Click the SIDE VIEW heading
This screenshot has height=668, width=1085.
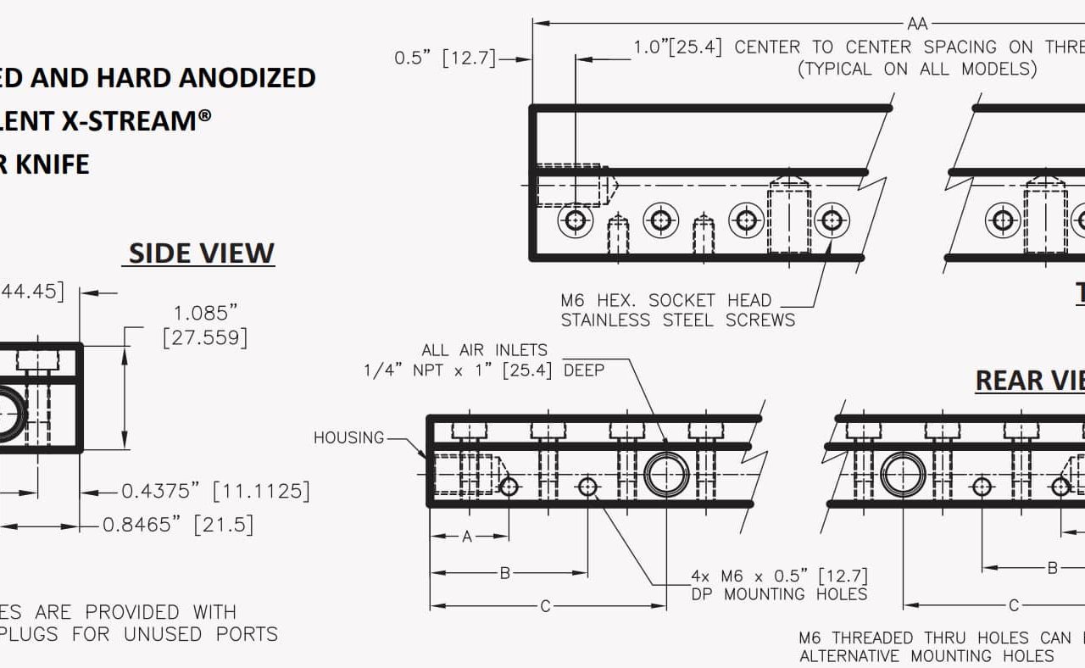coord(201,253)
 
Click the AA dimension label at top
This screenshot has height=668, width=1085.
coord(917,24)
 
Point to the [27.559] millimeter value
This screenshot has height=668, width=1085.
coord(205,337)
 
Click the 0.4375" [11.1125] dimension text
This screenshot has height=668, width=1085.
coord(215,491)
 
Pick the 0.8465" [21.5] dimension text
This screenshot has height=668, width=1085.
coord(178,525)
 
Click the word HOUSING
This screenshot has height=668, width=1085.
coord(348,437)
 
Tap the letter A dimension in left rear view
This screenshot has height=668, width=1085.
coord(467,536)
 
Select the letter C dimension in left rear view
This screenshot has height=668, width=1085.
coord(546,605)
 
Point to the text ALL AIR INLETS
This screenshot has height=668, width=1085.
coord(485,349)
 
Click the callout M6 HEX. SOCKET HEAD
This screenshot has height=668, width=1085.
coord(665,300)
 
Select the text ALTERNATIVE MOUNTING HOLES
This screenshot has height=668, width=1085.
coord(926,656)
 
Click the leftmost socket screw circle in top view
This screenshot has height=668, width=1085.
coord(576,221)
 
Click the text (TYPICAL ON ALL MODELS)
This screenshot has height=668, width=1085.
coord(917,70)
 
